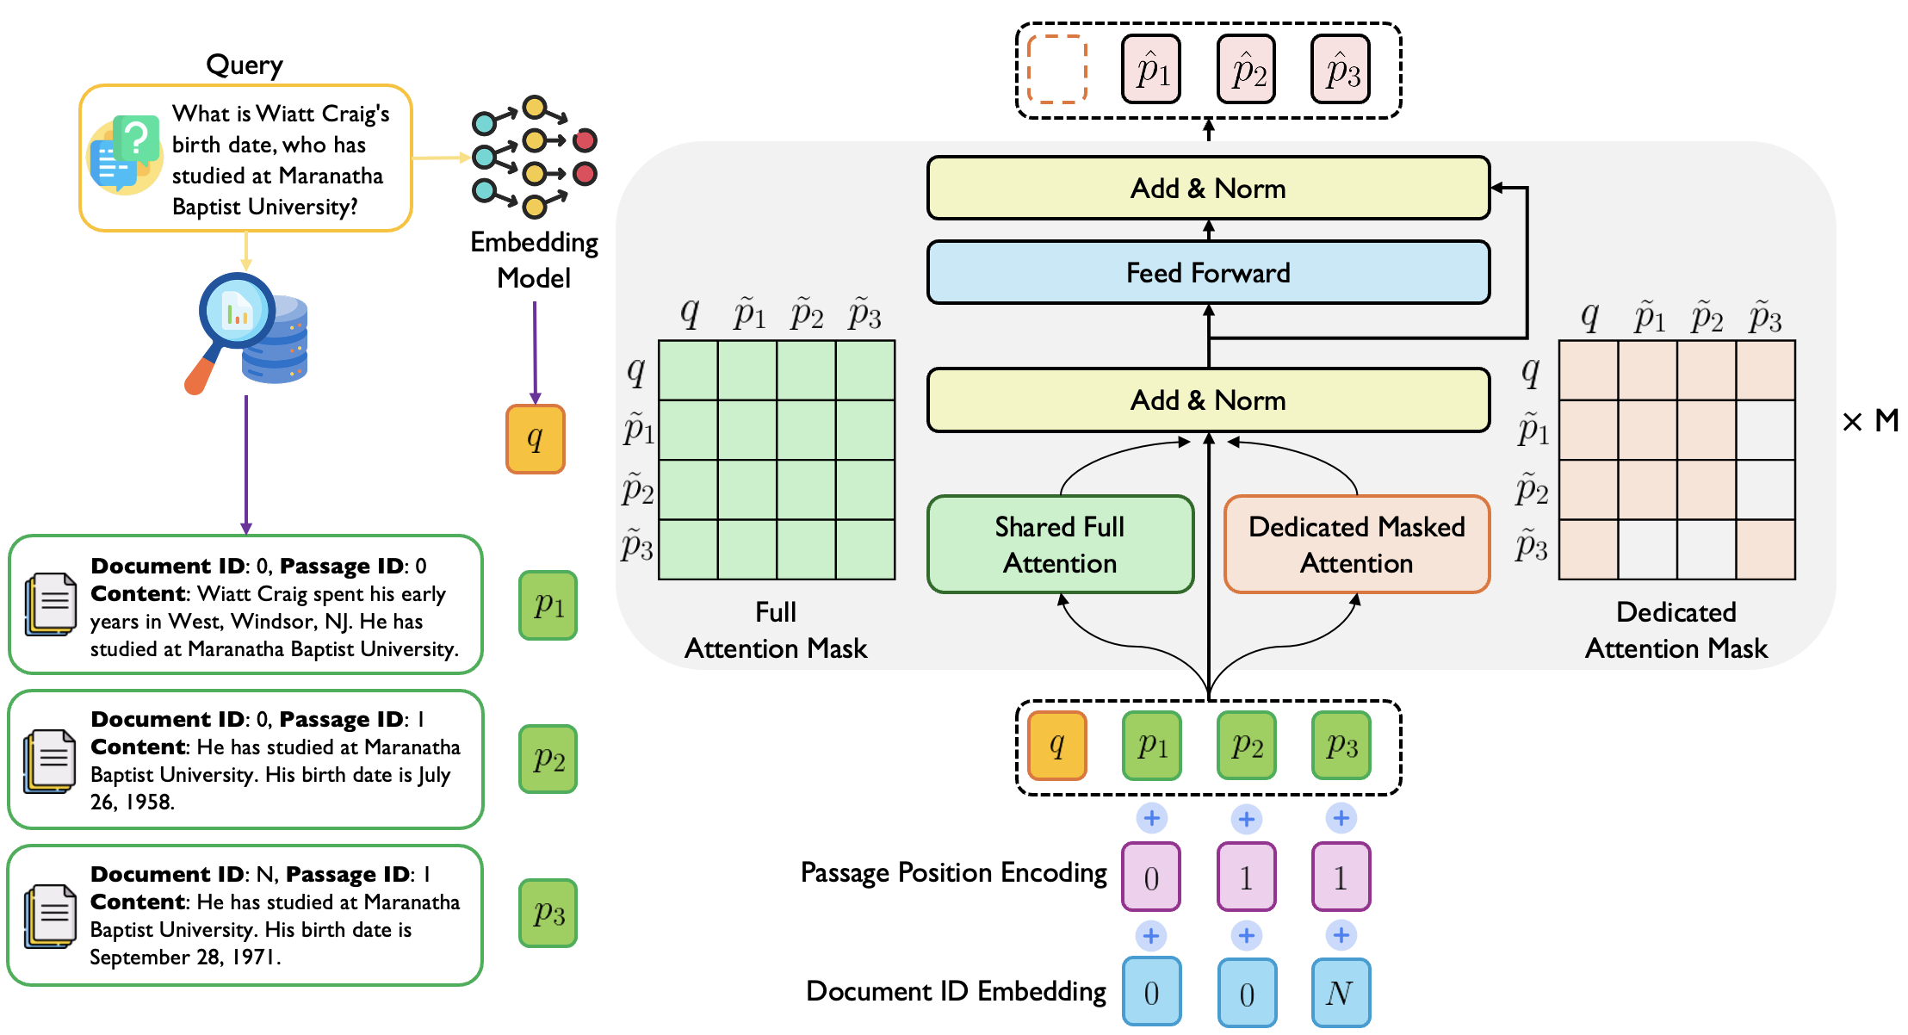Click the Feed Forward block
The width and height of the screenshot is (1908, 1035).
(1208, 273)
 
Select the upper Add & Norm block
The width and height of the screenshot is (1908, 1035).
(1208, 189)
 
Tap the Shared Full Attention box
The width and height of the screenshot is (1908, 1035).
(1060, 544)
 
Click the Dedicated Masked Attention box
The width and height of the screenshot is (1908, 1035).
(1356, 544)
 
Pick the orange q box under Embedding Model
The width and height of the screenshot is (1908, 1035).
(535, 439)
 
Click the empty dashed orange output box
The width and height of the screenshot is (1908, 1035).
(1057, 70)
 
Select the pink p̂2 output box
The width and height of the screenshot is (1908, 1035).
(1247, 70)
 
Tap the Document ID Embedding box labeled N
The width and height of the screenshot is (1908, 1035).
(1341, 993)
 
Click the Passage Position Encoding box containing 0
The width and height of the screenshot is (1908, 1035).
(1151, 877)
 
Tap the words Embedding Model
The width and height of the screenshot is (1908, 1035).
(534, 260)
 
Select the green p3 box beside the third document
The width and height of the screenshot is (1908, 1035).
(548, 914)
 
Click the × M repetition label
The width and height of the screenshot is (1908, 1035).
(1869, 421)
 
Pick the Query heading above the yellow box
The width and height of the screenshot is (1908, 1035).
(245, 65)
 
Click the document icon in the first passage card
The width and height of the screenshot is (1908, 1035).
(51, 604)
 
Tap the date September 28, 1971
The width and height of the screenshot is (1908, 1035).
(184, 958)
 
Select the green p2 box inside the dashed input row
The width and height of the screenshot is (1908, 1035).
(1247, 746)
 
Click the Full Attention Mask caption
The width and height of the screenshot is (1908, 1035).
(776, 630)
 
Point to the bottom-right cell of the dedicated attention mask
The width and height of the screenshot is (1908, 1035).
(1765, 549)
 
